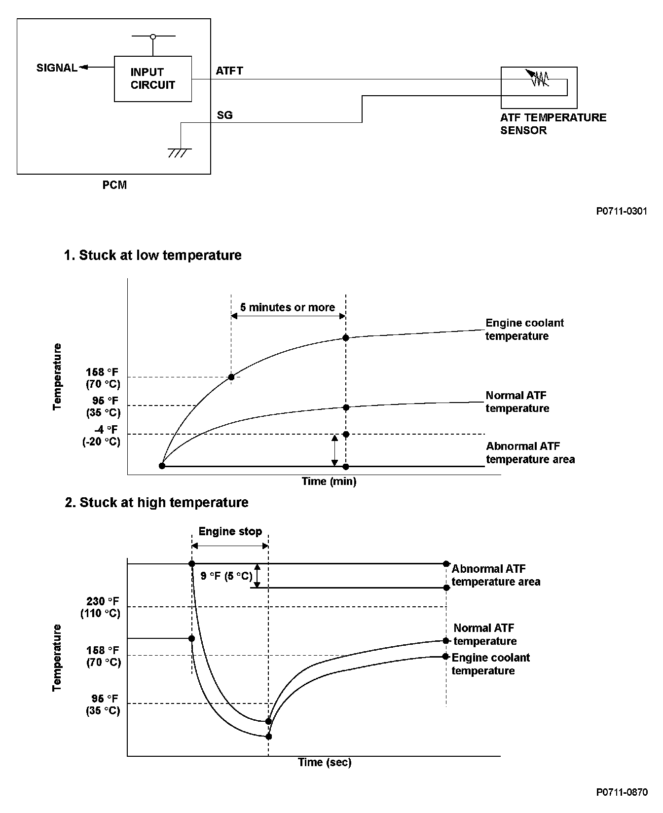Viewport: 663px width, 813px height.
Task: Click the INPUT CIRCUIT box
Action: click(x=153, y=79)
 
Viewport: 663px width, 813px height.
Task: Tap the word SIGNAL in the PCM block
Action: click(x=57, y=68)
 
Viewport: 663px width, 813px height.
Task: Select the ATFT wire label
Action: click(x=229, y=71)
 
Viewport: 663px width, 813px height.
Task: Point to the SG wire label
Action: click(x=224, y=115)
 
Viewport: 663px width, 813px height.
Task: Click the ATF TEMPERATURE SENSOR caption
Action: click(x=553, y=124)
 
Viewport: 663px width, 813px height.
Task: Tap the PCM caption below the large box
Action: click(x=114, y=185)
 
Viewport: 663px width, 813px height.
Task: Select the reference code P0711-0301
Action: click(x=622, y=211)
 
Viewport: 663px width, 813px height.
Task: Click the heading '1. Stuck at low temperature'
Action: click(x=153, y=255)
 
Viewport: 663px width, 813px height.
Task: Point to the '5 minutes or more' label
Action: click(x=288, y=307)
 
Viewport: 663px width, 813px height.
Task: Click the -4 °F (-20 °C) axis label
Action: click(x=102, y=436)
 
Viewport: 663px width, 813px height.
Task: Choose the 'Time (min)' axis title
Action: click(x=329, y=481)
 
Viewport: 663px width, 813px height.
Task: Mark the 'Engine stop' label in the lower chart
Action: click(x=230, y=531)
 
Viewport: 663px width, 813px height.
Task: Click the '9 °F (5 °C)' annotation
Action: click(x=226, y=576)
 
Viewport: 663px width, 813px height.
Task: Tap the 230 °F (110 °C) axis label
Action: click(x=101, y=607)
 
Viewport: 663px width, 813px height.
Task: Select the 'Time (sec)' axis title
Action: click(x=325, y=762)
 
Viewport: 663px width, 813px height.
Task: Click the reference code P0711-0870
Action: click(x=622, y=792)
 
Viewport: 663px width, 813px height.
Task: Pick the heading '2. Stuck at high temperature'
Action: click(x=156, y=502)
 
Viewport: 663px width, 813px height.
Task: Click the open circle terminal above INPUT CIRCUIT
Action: click(x=153, y=37)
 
